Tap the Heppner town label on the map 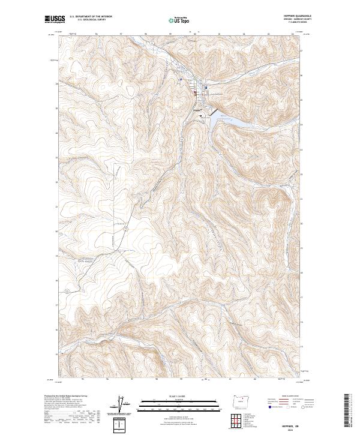click(x=197, y=110)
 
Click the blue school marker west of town click(x=180, y=79)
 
